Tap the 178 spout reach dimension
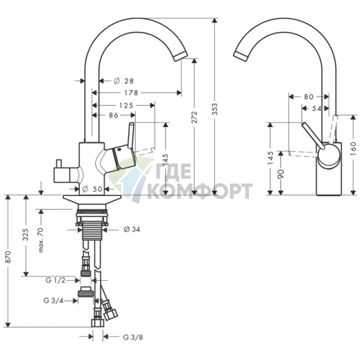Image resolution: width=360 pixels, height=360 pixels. pos(131,93)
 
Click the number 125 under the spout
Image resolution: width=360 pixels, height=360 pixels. pos(126,106)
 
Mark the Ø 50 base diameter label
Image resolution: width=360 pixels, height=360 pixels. pos(96,189)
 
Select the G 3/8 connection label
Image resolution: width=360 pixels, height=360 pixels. pos(133,336)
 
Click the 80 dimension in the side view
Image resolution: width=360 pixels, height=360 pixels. pos(308,96)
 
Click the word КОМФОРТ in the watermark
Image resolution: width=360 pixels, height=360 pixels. pos(200,192)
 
